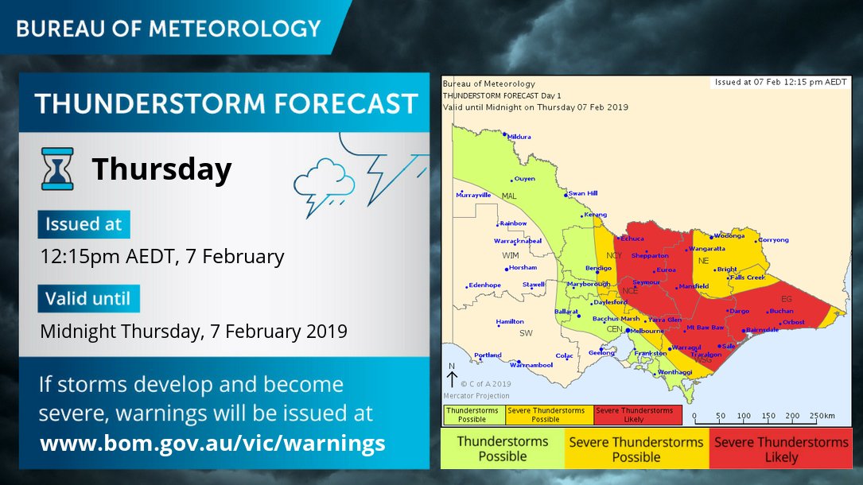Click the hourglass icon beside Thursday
pyautogui.click(x=57, y=169)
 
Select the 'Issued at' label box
pyautogui.click(x=84, y=224)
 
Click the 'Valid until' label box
pyautogui.click(x=89, y=299)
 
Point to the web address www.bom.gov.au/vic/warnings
pyautogui.click(x=212, y=443)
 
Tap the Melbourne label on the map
pyautogui.click(x=646, y=330)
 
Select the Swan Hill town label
pyautogui.click(x=583, y=193)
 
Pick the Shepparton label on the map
pyautogui.click(x=650, y=256)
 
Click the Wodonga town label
pyautogui.click(x=729, y=236)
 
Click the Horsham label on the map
pyautogui.click(x=523, y=267)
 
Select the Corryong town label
pyautogui.click(x=773, y=239)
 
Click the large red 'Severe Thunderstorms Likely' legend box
pyautogui.click(x=781, y=449)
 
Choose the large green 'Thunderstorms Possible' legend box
pyautogui.click(x=502, y=449)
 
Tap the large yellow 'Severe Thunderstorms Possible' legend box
pyautogui.click(x=636, y=449)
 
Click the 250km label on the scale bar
pyautogui.click(x=824, y=415)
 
